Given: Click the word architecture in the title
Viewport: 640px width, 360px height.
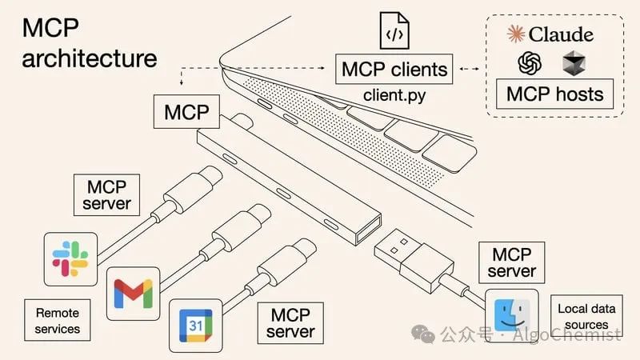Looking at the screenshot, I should tap(89, 58).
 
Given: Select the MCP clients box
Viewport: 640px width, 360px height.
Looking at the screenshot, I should tap(395, 69).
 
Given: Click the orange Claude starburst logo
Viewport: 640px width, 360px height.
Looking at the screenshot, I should tap(517, 34).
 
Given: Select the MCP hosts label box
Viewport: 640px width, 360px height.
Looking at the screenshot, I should tap(554, 94).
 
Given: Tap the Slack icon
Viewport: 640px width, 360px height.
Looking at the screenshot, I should tap(71, 259).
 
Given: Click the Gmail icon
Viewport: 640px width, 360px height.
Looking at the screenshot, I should tap(133, 293).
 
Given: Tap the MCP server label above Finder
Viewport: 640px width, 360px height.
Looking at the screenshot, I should tap(512, 262).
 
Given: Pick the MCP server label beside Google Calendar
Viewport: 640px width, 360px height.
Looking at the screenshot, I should tap(290, 322).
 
